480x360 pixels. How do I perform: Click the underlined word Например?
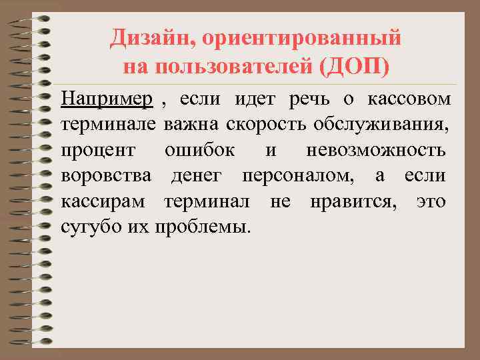107,100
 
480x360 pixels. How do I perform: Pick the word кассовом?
409,99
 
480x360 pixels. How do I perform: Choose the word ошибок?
199,150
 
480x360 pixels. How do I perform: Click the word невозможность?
376,150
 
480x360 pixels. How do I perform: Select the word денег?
195,176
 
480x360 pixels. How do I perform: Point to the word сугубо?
85,226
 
